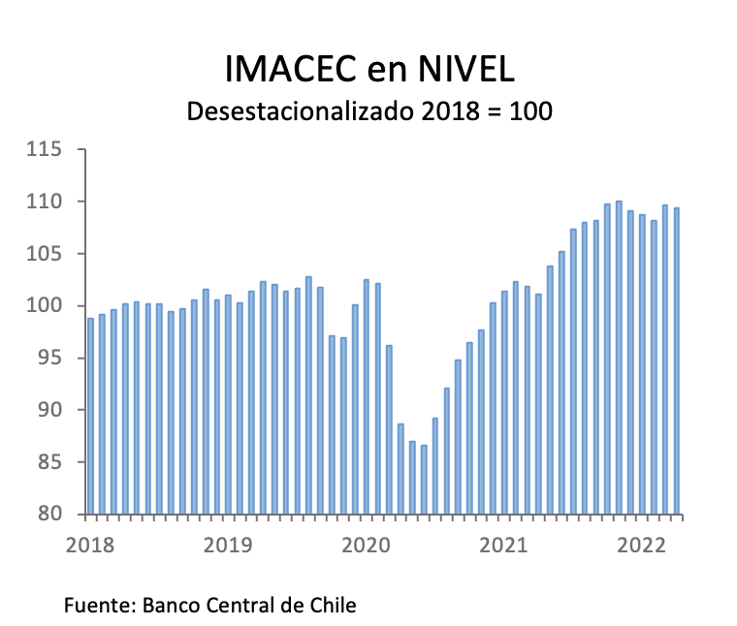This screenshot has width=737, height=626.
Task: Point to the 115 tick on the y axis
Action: (x=45, y=150)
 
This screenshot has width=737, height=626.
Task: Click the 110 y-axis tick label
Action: (x=45, y=203)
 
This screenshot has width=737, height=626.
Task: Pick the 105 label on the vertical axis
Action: (x=45, y=254)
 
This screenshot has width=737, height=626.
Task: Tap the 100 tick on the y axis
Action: (x=45, y=306)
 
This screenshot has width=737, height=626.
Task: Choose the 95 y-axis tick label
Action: (x=48, y=359)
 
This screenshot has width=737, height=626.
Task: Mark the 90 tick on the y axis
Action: (x=48, y=410)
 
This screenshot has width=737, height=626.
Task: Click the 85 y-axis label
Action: (x=48, y=462)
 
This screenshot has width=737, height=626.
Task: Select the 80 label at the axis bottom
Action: (x=48, y=514)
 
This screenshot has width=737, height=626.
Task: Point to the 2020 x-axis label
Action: (x=366, y=546)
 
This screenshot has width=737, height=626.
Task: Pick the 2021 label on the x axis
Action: (x=504, y=546)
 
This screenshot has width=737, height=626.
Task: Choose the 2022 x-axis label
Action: (x=642, y=546)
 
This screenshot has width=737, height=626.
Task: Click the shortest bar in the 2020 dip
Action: (x=424, y=480)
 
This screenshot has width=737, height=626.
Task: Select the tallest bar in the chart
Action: (x=619, y=359)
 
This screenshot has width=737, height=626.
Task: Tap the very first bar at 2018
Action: (x=91, y=417)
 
